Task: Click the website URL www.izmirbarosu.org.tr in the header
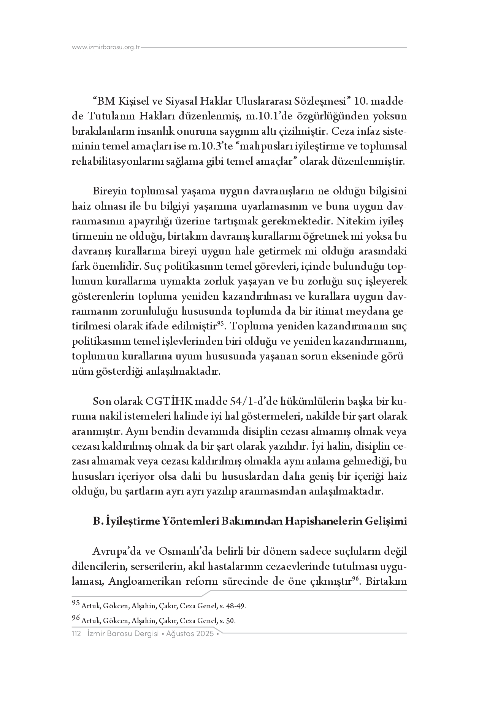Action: (x=106, y=47)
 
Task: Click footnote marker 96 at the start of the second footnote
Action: (x=76, y=619)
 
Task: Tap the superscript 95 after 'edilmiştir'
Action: (x=220, y=324)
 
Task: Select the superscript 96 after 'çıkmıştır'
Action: (x=356, y=579)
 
